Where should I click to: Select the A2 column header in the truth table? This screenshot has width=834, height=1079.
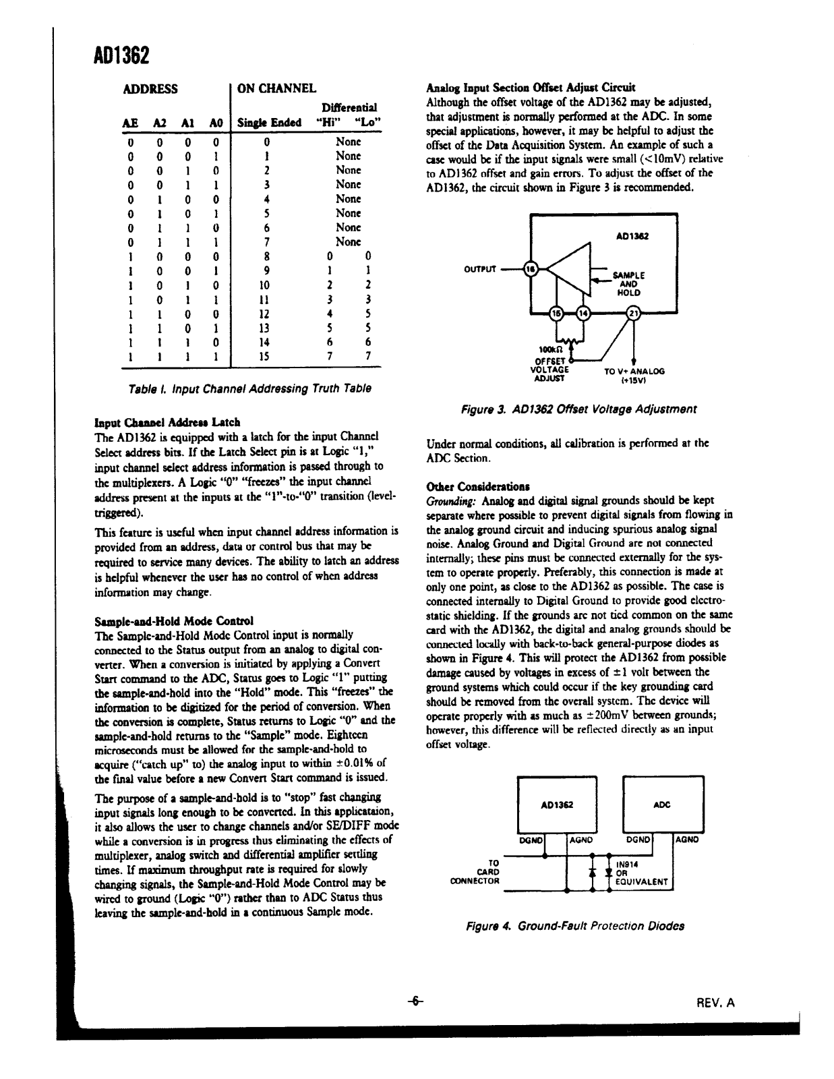click(160, 123)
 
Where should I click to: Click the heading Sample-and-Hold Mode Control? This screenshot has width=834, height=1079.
click(175, 620)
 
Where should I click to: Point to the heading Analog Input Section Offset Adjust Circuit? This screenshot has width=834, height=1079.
click(531, 88)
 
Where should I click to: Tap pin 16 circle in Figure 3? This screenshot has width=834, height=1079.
click(532, 268)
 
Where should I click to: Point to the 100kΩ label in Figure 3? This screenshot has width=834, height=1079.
click(548, 350)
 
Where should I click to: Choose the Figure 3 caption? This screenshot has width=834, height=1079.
click(578, 409)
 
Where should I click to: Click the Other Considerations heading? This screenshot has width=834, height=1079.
click(478, 486)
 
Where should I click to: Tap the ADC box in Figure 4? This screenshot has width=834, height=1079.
click(663, 804)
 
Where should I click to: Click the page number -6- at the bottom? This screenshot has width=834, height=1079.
click(416, 1001)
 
